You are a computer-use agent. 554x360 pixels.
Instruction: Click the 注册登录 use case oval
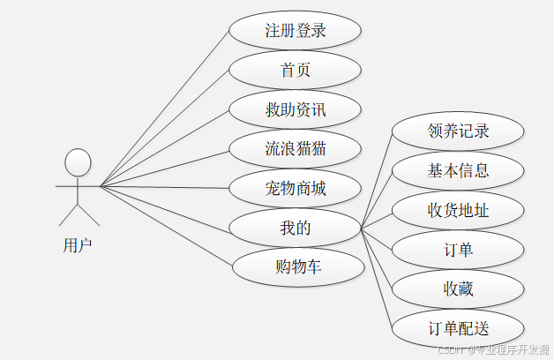pyautogui.click(x=295, y=31)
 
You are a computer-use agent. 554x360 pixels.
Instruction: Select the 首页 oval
pyautogui.click(x=295, y=70)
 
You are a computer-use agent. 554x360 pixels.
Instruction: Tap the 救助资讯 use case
pyautogui.click(x=295, y=109)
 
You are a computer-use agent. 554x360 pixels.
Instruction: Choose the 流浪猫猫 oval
pyautogui.click(x=295, y=148)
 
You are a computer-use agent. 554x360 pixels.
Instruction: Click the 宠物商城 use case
pyautogui.click(x=295, y=188)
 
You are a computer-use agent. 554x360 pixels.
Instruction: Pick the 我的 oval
pyautogui.click(x=295, y=228)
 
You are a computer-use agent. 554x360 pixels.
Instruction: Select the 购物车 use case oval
pyautogui.click(x=295, y=266)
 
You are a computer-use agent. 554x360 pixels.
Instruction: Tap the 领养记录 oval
pyautogui.click(x=458, y=131)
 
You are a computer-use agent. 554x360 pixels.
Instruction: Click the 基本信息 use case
pyautogui.click(x=458, y=170)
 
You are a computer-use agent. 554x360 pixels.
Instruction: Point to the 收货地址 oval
pyautogui.click(x=458, y=210)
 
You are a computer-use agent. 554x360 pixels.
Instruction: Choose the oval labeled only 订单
pyautogui.click(x=458, y=250)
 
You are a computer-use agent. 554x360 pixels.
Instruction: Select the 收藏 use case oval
pyautogui.click(x=458, y=289)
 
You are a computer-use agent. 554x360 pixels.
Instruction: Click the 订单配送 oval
pyautogui.click(x=458, y=328)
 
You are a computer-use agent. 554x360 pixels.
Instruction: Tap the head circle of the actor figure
pyautogui.click(x=79, y=162)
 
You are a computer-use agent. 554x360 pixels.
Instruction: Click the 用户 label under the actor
pyautogui.click(x=78, y=244)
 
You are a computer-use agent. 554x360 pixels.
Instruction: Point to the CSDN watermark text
pyautogui.click(x=494, y=350)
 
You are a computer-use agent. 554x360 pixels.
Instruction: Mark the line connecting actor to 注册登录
pyautogui.click(x=164, y=109)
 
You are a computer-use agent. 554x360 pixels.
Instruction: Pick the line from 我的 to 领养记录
pyautogui.click(x=377, y=181)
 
